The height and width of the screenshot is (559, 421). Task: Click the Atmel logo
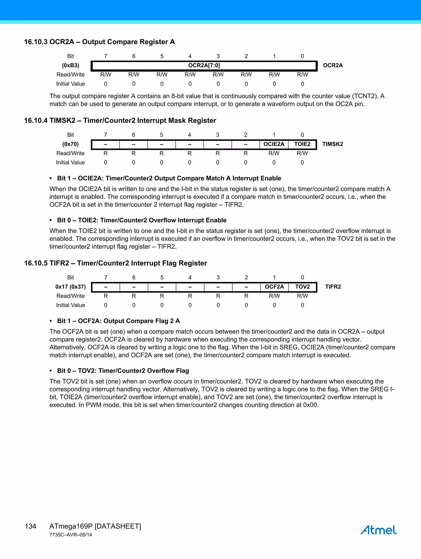point(378,530)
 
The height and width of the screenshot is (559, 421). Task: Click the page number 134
point(31,526)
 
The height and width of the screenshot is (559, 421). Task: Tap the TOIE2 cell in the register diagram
point(302,144)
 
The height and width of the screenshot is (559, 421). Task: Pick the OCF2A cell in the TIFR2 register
point(274,287)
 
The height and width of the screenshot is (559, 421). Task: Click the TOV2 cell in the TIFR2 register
point(302,287)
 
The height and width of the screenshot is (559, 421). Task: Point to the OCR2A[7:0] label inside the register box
point(204,65)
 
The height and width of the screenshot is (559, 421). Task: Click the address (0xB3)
point(71,65)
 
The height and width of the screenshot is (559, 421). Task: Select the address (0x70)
point(71,144)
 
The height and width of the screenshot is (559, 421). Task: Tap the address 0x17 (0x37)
point(71,287)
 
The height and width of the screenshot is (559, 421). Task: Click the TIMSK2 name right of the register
point(333,144)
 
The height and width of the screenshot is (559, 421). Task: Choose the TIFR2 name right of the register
point(333,287)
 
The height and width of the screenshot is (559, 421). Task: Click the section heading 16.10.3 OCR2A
point(99,42)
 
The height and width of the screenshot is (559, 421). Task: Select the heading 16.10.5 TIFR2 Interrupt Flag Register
point(116,263)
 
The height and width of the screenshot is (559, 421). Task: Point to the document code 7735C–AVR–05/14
point(71,535)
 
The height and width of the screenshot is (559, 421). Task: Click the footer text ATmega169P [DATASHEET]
point(95,526)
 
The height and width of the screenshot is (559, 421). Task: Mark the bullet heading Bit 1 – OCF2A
point(118,321)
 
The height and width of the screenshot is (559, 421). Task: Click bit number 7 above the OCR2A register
point(106,56)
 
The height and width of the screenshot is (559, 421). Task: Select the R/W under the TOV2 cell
point(302,296)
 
